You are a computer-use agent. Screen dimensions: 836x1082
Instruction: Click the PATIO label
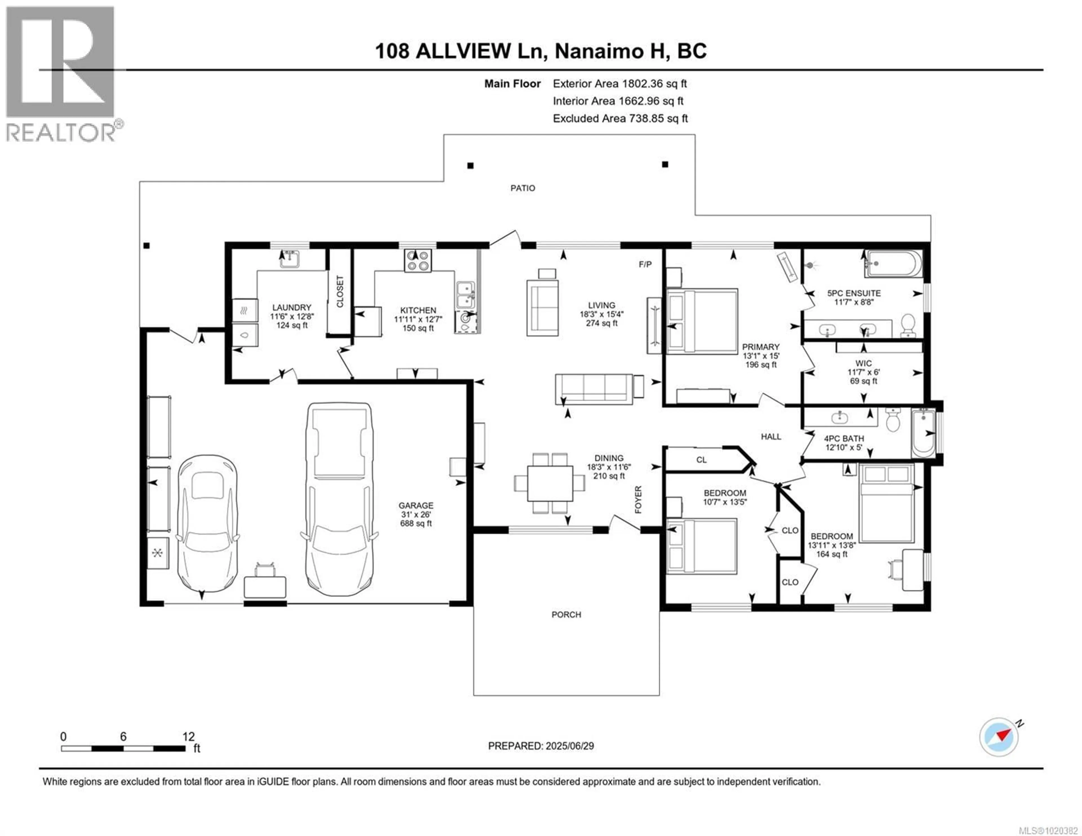click(523, 188)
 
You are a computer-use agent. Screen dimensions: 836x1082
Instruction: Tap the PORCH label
click(566, 615)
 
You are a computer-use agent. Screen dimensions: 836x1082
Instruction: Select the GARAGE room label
click(416, 505)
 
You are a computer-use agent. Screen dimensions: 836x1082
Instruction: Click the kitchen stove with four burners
click(417, 261)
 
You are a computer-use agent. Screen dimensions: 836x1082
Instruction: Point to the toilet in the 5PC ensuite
click(908, 325)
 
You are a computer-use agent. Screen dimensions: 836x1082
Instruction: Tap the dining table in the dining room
click(549, 483)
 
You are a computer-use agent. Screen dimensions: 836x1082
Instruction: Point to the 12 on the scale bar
click(188, 737)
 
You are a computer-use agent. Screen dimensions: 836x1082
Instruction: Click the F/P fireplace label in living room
click(645, 265)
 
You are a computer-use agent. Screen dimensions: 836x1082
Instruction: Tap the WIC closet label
click(863, 363)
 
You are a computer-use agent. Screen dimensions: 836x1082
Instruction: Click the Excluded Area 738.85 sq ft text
click(620, 118)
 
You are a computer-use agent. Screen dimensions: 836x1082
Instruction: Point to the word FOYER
click(638, 500)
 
